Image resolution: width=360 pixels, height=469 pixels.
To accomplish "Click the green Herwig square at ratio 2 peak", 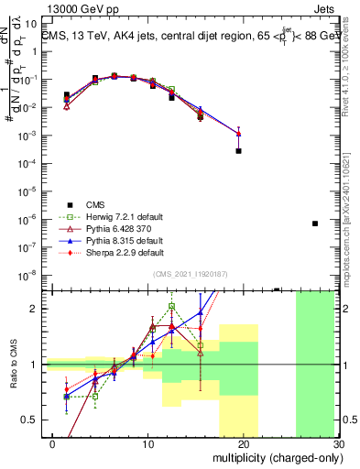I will [171, 307].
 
